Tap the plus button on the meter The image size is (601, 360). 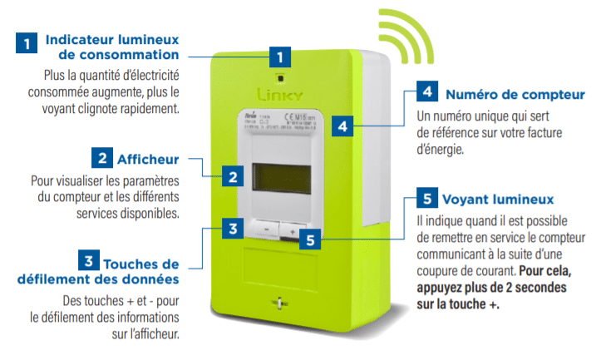tap(293, 227)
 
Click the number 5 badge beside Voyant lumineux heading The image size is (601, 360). tap(426, 200)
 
